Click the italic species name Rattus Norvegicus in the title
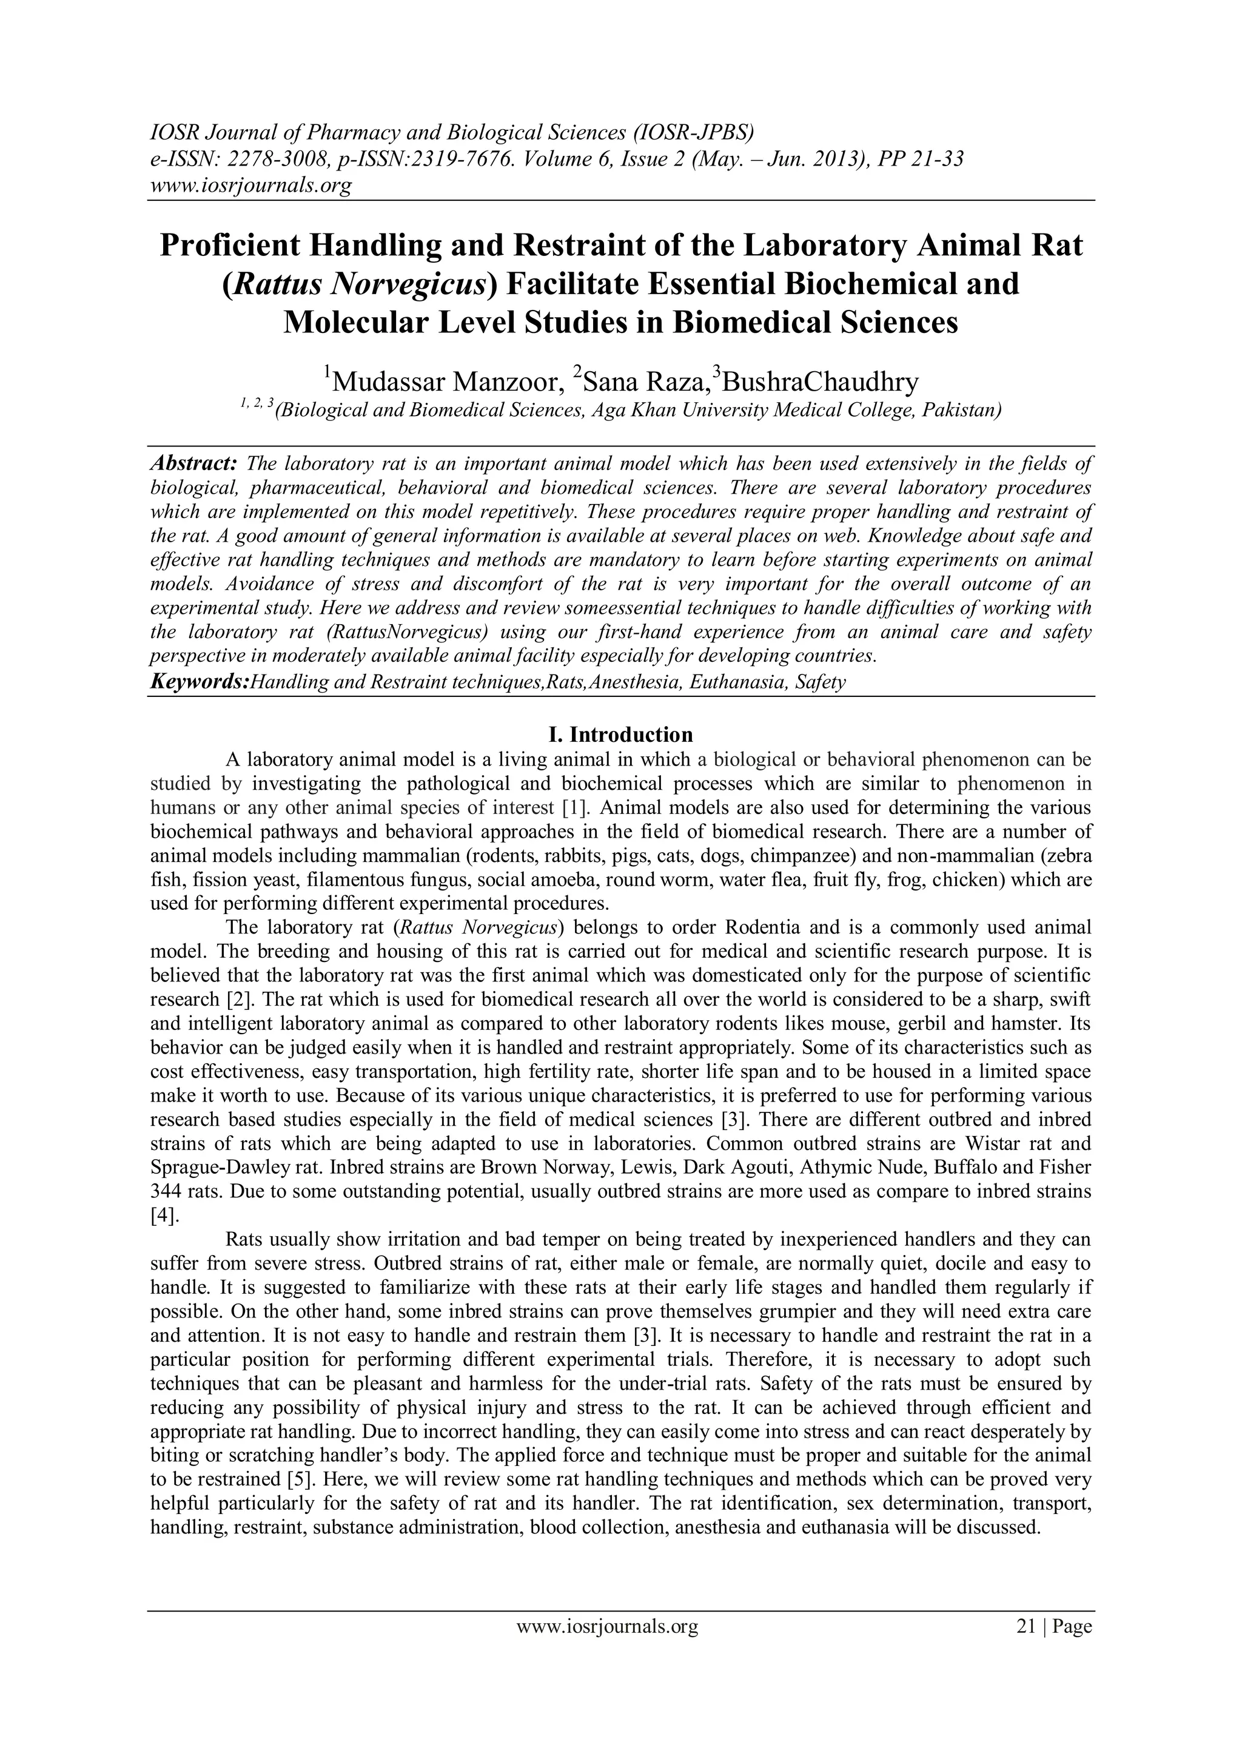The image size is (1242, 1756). [360, 284]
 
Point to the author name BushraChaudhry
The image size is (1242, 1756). [820, 380]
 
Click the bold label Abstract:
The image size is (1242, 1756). [194, 463]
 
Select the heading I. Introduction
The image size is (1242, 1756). [620, 735]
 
